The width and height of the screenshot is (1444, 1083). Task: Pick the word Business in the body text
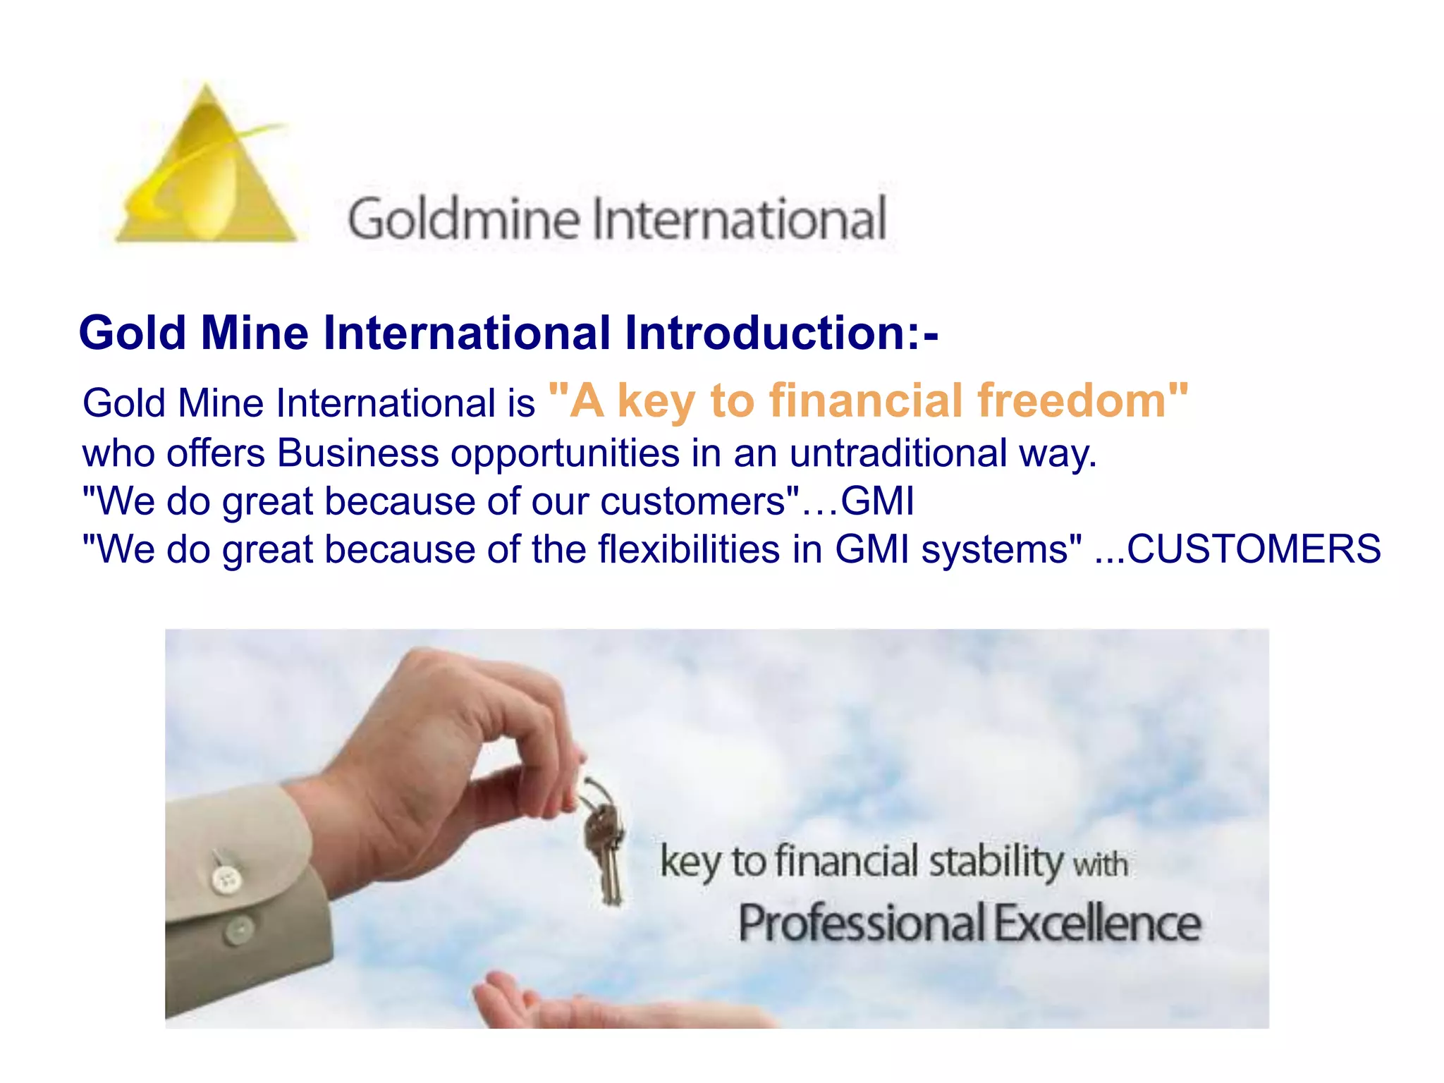[357, 453]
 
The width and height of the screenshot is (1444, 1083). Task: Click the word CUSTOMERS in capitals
[1254, 549]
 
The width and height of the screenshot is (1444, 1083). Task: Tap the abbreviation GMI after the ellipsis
[877, 501]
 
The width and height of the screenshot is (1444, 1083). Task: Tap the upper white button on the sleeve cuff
[226, 879]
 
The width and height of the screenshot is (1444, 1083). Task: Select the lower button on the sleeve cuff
[238, 930]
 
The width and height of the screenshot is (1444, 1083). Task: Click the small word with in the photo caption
[1100, 864]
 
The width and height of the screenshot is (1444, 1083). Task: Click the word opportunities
[565, 454]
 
